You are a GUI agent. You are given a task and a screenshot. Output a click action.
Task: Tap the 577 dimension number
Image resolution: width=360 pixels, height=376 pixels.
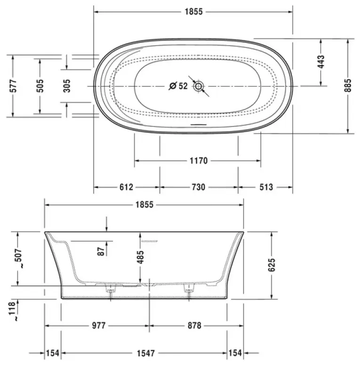tap(13, 85)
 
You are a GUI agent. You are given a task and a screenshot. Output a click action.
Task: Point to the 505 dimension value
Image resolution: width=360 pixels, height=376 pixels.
tap(40, 85)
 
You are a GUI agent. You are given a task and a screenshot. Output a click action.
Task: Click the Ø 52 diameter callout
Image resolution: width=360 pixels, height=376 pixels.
tap(178, 86)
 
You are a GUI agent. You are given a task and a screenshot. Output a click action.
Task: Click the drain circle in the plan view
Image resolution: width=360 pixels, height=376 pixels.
tap(199, 86)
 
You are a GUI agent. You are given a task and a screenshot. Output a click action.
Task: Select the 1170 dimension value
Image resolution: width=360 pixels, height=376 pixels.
tap(198, 161)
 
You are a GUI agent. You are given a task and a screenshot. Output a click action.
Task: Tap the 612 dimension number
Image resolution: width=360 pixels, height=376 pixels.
tap(126, 188)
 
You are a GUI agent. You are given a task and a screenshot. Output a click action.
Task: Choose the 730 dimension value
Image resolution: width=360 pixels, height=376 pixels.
tap(198, 188)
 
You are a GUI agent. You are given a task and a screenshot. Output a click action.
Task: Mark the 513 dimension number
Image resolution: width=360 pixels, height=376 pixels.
tap(266, 188)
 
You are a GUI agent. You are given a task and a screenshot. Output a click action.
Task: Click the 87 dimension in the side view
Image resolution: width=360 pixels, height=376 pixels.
tap(101, 251)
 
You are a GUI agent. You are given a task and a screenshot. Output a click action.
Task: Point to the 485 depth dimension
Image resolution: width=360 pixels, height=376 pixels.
tap(140, 257)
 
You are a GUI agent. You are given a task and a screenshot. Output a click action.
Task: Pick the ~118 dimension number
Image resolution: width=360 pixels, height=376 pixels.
tap(13, 310)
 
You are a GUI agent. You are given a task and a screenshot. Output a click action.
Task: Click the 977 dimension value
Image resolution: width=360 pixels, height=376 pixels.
tap(98, 326)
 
